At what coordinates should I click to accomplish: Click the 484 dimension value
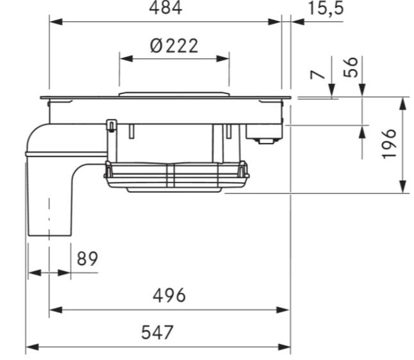(165, 8)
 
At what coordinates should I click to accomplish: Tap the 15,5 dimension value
(326, 8)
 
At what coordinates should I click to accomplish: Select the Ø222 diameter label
(174, 46)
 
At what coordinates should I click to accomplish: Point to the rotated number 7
(317, 75)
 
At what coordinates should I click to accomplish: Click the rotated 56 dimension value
(351, 67)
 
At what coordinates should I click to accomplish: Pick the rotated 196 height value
(389, 144)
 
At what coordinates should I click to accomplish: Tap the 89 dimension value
(87, 259)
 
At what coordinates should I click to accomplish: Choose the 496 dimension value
(169, 295)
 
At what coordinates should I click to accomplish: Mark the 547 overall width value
(158, 332)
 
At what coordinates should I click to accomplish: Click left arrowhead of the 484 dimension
(56, 22)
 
